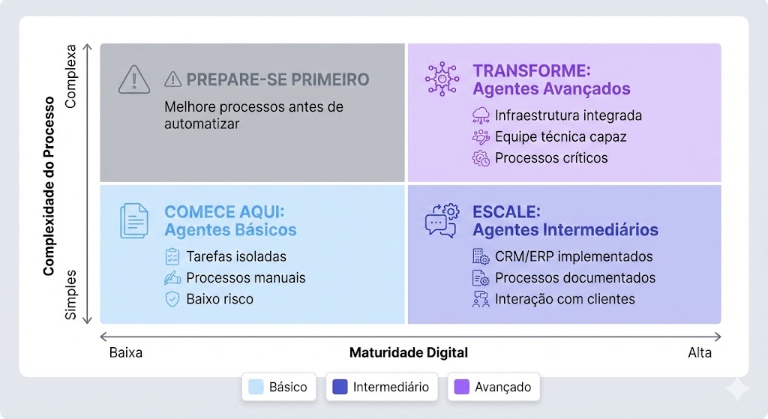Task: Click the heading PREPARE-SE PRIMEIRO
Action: [277, 79]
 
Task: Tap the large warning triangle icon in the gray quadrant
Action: [134, 79]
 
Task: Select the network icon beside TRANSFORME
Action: [442, 79]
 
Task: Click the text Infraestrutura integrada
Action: [568, 115]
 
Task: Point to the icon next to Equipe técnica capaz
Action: [481, 137]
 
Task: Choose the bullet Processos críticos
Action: [550, 158]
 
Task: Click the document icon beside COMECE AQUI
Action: [134, 220]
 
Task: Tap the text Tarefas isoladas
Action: [236, 256]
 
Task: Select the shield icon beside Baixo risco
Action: [172, 299]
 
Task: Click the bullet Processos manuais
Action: [246, 278]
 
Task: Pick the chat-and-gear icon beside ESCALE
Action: [442, 220]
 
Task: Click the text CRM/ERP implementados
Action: [574, 256]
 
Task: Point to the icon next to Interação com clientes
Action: [481, 300]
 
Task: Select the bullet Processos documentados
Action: [574, 278]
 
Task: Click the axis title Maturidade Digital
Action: [409, 352]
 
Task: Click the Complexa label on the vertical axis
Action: [71, 78]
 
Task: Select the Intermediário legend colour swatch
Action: [340, 387]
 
